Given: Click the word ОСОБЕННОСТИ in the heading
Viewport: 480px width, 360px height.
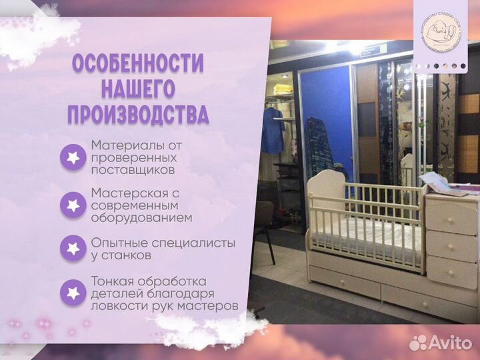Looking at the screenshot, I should pyautogui.click(x=138, y=64).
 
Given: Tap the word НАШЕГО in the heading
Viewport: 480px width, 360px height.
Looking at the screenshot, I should pyautogui.click(x=138, y=89).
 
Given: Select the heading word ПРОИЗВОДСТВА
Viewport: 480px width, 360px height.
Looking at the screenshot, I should pyautogui.click(x=138, y=115).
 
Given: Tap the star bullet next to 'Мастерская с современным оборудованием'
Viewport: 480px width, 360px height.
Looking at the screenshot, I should pyautogui.click(x=73, y=205).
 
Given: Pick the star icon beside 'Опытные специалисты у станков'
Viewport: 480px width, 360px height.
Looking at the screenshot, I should pyautogui.click(x=73, y=248).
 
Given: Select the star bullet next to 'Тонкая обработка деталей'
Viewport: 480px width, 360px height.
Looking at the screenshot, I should pyautogui.click(x=73, y=293).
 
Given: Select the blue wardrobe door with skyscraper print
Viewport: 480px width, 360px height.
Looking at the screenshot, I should pyautogui.click(x=323, y=123).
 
